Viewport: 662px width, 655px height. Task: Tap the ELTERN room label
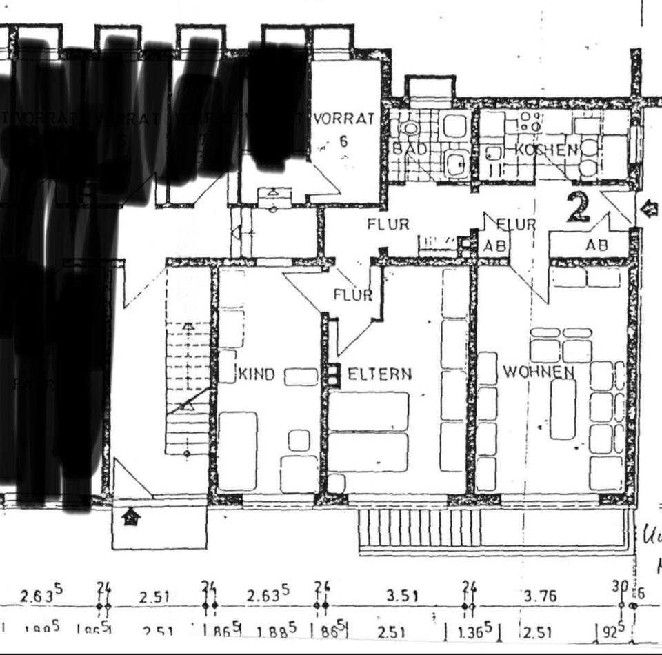tap(379, 374)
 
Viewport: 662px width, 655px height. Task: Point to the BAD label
tap(408, 149)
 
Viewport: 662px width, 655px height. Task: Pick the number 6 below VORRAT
tap(343, 142)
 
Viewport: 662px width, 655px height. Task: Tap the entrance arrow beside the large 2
tap(649, 209)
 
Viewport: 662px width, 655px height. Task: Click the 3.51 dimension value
tap(402, 596)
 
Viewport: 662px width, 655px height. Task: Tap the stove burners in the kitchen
tap(530, 122)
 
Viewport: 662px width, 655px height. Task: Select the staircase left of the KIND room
tap(188, 386)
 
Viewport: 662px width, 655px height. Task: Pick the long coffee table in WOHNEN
tap(563, 408)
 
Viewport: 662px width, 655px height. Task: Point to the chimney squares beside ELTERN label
tap(334, 376)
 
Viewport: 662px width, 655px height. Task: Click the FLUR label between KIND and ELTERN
tap(352, 295)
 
